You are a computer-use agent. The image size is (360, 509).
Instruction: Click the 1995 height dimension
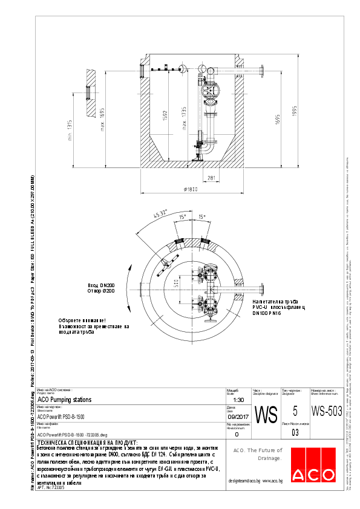[278, 119]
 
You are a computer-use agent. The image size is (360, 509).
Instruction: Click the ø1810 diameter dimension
[191, 189]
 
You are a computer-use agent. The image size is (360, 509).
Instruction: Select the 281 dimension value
[211, 177]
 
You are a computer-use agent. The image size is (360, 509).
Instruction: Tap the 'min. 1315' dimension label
[70, 130]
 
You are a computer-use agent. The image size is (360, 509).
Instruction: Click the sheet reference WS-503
[327, 412]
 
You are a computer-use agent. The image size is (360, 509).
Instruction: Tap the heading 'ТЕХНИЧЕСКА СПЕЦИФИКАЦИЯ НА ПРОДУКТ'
[87, 443]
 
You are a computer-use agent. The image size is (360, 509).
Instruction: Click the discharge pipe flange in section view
[263, 71]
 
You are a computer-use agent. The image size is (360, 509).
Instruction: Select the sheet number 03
[295, 432]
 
